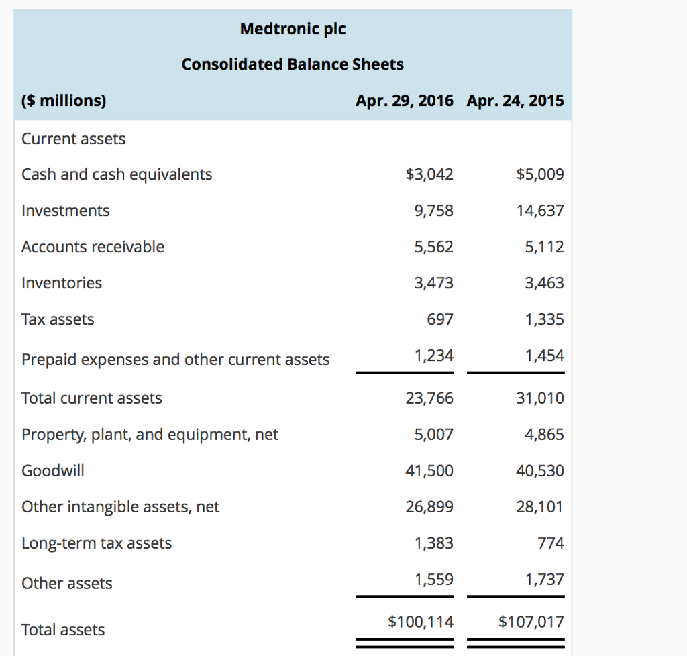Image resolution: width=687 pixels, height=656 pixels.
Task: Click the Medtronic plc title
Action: click(x=293, y=29)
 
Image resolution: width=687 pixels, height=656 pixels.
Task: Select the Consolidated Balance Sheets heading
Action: click(x=293, y=64)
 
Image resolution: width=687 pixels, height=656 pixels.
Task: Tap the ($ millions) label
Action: click(x=64, y=101)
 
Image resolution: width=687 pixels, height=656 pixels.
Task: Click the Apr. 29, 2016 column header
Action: click(x=404, y=101)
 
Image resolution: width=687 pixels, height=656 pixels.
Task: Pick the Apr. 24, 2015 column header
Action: click(x=515, y=101)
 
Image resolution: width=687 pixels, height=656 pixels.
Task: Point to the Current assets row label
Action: click(x=73, y=139)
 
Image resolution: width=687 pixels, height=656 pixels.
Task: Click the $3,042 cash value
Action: click(x=429, y=174)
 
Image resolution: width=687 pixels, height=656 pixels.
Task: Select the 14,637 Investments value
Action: click(x=539, y=211)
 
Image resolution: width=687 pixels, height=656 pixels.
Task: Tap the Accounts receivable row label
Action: click(x=93, y=247)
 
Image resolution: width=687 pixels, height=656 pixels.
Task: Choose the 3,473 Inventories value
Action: click(x=433, y=283)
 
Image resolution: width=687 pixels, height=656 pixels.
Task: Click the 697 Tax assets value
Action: click(x=440, y=319)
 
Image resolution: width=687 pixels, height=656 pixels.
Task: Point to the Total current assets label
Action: click(x=92, y=398)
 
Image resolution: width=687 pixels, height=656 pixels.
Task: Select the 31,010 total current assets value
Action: click(x=539, y=398)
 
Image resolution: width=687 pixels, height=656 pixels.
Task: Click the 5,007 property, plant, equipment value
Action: click(x=433, y=435)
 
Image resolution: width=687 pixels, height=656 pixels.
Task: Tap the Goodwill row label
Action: click(x=53, y=471)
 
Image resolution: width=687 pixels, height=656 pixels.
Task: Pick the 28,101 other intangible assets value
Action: click(x=539, y=507)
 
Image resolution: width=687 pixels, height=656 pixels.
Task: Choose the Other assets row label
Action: click(x=67, y=584)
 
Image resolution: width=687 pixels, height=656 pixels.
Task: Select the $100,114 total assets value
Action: click(x=421, y=622)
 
